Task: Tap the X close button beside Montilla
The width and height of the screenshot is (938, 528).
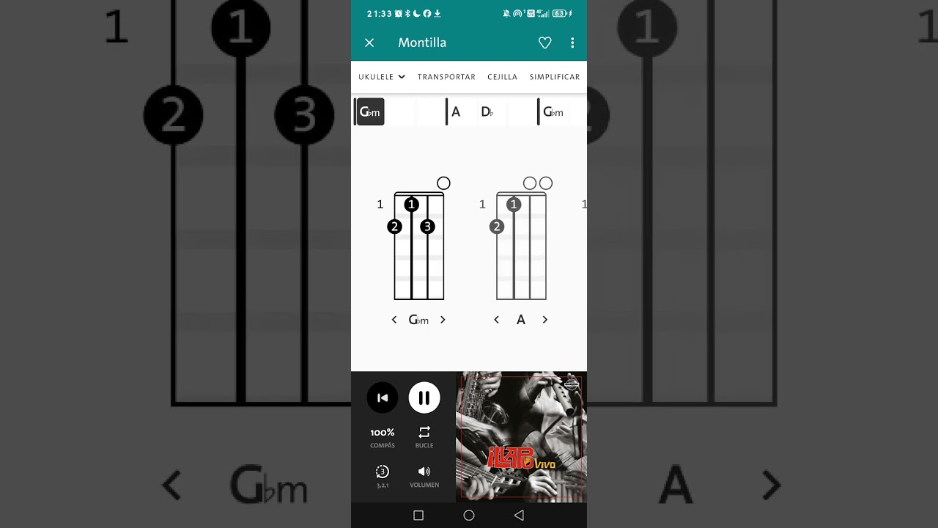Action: click(369, 43)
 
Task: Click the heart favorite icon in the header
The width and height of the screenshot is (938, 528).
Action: click(544, 43)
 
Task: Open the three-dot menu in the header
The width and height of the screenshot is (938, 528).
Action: click(572, 43)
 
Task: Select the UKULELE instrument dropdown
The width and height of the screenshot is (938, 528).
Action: click(382, 77)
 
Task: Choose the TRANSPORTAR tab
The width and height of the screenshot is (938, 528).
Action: click(446, 77)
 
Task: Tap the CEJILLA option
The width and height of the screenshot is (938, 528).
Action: click(502, 77)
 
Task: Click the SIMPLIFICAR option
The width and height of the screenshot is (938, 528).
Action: click(554, 77)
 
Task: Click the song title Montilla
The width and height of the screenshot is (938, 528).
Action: click(422, 43)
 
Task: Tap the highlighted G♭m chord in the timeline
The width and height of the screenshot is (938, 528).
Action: click(370, 112)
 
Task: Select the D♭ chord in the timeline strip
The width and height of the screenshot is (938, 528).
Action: click(487, 112)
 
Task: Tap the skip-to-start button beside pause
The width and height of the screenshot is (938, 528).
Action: click(382, 397)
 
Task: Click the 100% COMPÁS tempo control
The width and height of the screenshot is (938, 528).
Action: click(382, 437)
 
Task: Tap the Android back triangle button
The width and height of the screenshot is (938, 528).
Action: click(519, 516)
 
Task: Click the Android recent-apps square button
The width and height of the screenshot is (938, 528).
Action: click(418, 516)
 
